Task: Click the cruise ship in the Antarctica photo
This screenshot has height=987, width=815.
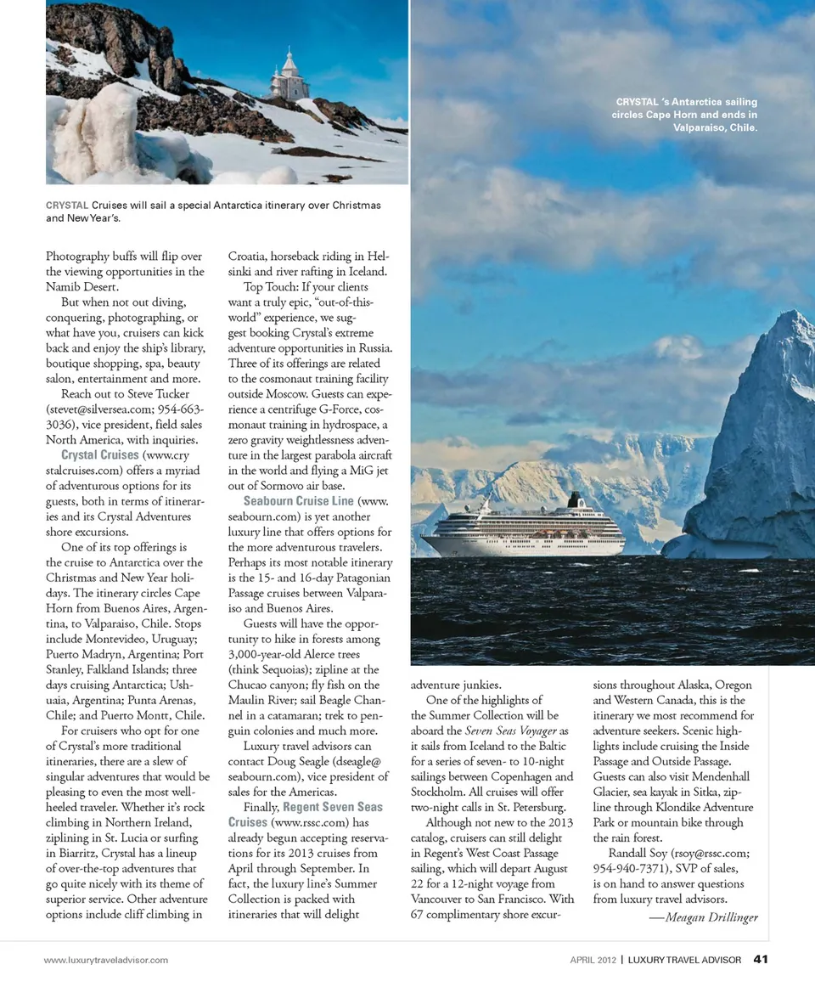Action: click(x=523, y=531)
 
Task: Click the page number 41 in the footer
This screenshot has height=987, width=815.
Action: click(x=761, y=960)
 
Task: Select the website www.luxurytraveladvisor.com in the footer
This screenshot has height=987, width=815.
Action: click(x=106, y=961)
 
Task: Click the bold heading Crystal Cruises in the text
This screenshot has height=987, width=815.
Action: click(x=100, y=455)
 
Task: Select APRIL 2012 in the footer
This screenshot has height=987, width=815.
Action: click(x=592, y=961)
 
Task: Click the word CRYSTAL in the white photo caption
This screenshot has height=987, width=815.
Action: click(x=639, y=103)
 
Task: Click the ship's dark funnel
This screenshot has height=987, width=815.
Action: click(x=576, y=499)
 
